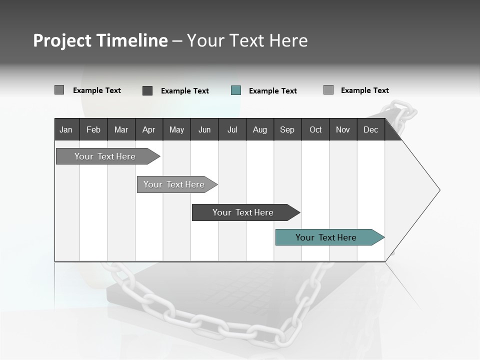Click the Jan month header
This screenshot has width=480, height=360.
tap(66, 129)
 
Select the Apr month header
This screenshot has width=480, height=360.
tap(148, 129)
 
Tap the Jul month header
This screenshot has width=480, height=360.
tap(232, 129)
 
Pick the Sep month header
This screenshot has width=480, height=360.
tap(287, 129)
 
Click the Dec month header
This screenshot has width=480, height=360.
tap(370, 129)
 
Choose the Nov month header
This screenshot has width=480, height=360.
tap(342, 129)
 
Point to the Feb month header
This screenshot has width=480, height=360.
tap(93, 129)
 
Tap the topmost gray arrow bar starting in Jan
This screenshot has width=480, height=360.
tap(105, 156)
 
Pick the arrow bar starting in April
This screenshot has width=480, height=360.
tap(174, 184)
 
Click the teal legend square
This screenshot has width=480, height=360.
tap(236, 90)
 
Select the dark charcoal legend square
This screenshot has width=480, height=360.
tap(147, 90)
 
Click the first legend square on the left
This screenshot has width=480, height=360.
tap(59, 90)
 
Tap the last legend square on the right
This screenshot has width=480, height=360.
tap(328, 90)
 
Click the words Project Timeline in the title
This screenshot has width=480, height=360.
tap(100, 40)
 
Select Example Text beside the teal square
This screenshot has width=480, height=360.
tap(273, 91)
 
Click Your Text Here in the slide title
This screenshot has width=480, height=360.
tap(247, 40)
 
